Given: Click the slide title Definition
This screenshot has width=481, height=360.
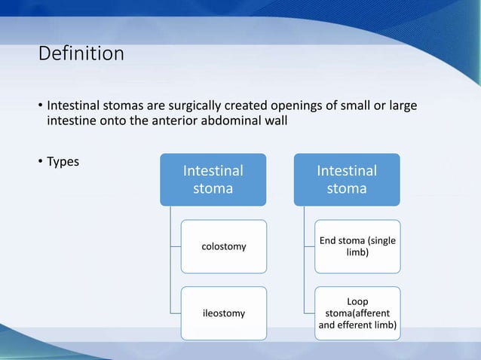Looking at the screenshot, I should click(81, 55).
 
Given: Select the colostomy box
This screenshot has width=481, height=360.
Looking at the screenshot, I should click(223, 246).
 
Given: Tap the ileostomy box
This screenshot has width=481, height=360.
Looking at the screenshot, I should click(223, 313).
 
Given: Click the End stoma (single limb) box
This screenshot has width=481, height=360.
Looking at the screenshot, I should click(358, 246).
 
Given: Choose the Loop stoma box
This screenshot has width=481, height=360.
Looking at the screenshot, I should click(358, 313).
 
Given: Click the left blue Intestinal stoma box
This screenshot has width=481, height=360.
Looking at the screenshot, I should click(213, 180).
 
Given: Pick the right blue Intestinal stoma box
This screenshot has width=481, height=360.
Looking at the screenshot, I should click(347, 180).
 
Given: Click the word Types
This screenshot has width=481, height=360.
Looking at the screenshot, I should click(64, 161).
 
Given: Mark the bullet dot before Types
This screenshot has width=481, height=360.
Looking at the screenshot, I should click(41, 162).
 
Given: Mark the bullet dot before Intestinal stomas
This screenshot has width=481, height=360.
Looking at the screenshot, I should click(41, 104).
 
